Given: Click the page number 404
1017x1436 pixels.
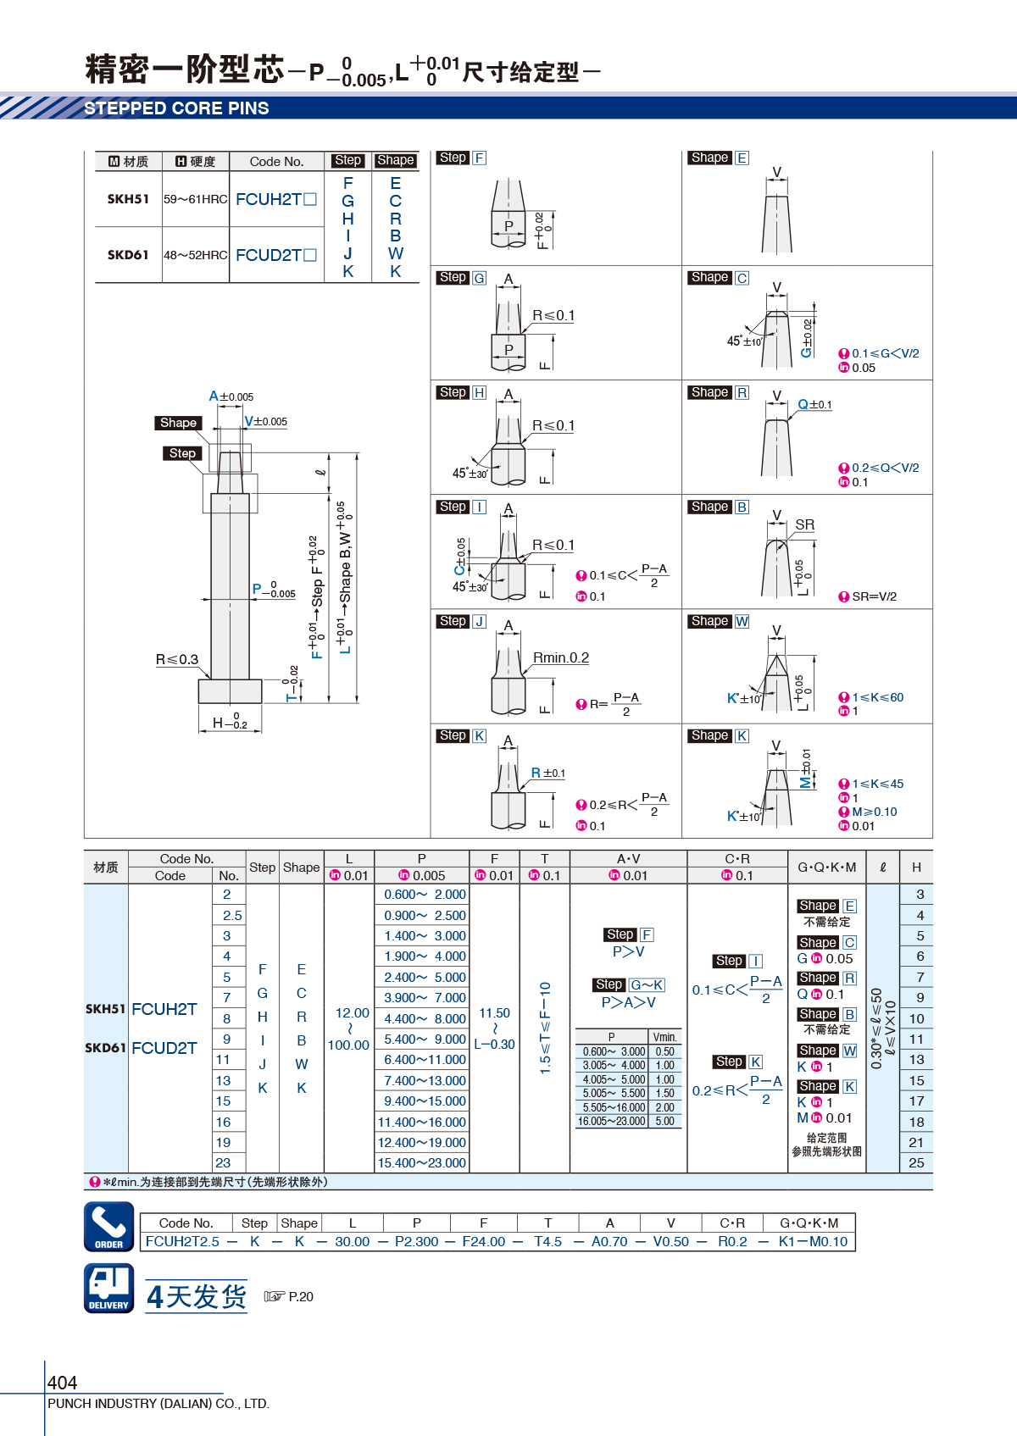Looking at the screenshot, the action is tap(62, 1382).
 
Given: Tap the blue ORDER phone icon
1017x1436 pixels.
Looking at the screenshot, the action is tap(109, 1227).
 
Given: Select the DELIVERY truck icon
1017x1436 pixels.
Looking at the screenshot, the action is tap(109, 1289).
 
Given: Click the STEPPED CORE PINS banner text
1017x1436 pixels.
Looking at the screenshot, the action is tap(176, 108).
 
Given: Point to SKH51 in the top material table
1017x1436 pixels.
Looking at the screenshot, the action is tap(128, 199).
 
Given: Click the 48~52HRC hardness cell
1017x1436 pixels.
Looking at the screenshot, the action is tap(196, 255).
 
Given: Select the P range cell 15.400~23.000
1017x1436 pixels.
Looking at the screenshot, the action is tap(421, 1163).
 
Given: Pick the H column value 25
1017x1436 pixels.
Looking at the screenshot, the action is tap(916, 1163).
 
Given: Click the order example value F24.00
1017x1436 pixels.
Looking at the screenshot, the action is tap(483, 1242).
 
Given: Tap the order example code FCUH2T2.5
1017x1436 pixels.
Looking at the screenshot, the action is tap(182, 1242).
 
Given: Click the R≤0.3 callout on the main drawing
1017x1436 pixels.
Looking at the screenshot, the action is tap(177, 659).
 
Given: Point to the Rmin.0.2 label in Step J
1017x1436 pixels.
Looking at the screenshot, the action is tap(561, 657).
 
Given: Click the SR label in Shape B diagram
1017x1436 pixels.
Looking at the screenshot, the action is tap(805, 524).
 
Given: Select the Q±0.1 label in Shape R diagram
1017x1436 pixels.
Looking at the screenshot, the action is tap(814, 404).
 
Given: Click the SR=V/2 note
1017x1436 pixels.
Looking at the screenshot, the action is tap(874, 596).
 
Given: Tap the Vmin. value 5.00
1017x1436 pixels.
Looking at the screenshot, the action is tap(665, 1121).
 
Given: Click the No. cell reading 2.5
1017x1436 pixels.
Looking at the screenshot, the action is tap(232, 916).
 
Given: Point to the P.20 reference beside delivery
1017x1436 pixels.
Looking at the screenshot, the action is tap(301, 1297).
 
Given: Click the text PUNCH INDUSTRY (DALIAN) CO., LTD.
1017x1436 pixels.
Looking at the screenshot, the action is tap(158, 1403).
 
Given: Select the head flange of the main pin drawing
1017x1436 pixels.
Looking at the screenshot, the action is tap(230, 691).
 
